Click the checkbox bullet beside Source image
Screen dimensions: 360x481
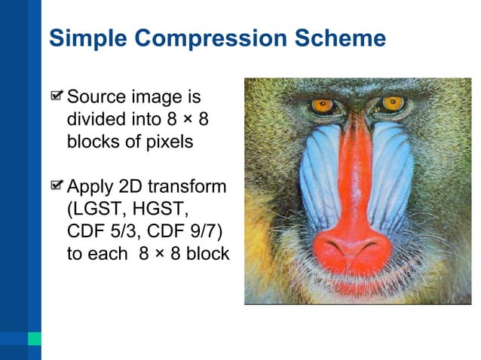[x=57, y=97]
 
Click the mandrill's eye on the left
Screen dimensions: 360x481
[x=323, y=105]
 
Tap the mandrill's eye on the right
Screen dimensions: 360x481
[x=392, y=102]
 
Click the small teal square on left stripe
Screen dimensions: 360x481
[x=34, y=338]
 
